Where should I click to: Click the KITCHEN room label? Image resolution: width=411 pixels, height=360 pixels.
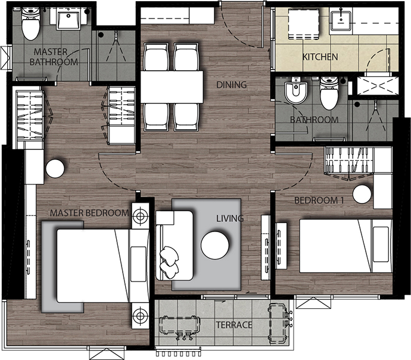point(320,57)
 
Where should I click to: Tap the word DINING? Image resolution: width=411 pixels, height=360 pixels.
point(232,84)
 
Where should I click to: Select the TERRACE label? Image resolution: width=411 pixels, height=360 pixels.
point(234,325)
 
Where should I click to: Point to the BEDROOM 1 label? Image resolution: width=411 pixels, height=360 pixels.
point(319,201)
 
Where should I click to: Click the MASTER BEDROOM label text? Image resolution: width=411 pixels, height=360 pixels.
point(89,213)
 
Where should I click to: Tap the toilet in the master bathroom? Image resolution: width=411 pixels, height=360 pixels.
point(30,23)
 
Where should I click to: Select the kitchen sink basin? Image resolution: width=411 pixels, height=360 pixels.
point(341,21)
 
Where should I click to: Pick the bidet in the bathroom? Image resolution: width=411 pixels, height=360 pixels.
point(296,90)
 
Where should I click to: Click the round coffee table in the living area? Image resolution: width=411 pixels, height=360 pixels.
point(215,245)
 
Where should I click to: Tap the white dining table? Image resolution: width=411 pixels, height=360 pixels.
point(172,87)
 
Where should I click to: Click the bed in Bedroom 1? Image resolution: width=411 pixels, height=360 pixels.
point(345,246)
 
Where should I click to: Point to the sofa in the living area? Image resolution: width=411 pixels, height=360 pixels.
point(175,245)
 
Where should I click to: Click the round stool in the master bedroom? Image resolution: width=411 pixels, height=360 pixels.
point(55,168)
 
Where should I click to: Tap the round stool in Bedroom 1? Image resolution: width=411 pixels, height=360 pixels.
point(362,194)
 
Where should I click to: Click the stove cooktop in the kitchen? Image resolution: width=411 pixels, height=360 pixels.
point(304,24)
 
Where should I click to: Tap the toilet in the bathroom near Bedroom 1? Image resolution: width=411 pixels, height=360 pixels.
point(329,93)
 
